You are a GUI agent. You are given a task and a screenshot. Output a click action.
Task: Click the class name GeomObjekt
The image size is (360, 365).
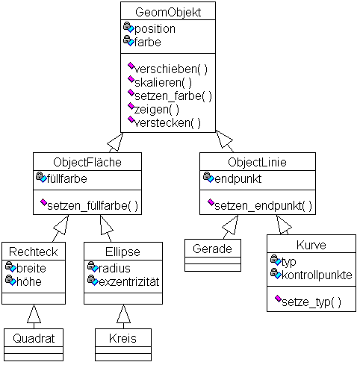click(x=168, y=12)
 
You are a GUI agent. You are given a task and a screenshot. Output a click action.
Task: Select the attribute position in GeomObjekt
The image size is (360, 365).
click(x=155, y=29)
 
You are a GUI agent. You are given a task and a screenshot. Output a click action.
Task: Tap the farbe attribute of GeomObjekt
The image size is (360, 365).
click(x=148, y=42)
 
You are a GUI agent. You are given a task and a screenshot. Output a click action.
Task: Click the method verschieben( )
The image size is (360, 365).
click(x=171, y=69)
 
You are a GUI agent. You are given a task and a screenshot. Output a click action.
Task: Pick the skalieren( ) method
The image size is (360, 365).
click(x=164, y=82)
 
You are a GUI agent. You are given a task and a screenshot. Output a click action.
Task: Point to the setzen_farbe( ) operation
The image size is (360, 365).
click(x=173, y=96)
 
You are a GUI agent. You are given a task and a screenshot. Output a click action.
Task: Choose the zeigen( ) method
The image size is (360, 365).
click(x=157, y=110)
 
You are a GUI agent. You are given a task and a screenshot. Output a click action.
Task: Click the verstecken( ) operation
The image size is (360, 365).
click(x=167, y=122)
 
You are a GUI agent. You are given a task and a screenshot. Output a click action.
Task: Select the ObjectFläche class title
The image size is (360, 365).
click(x=87, y=162)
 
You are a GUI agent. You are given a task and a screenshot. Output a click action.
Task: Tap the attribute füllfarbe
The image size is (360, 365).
click(x=67, y=178)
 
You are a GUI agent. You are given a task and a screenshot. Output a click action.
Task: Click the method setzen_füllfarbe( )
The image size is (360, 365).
click(x=93, y=206)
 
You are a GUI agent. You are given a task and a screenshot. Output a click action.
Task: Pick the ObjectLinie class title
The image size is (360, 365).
click(x=257, y=162)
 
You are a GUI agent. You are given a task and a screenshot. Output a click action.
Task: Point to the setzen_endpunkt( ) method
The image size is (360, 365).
click(x=263, y=206)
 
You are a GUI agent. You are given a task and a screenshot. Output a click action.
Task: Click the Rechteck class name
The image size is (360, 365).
click(x=34, y=252)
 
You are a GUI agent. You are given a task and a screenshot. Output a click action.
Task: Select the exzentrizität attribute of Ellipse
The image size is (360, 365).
click(x=129, y=281)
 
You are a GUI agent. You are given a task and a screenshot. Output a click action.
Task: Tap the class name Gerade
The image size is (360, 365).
click(x=212, y=249)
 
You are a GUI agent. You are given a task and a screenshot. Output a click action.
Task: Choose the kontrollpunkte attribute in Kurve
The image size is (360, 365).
click(x=317, y=275)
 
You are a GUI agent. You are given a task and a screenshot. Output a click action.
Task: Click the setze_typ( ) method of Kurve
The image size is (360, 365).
click(x=311, y=302)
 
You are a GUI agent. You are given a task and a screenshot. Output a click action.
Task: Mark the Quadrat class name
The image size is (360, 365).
click(x=34, y=338)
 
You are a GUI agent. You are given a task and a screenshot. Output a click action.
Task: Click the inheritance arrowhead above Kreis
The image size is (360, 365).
click(x=123, y=313)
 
